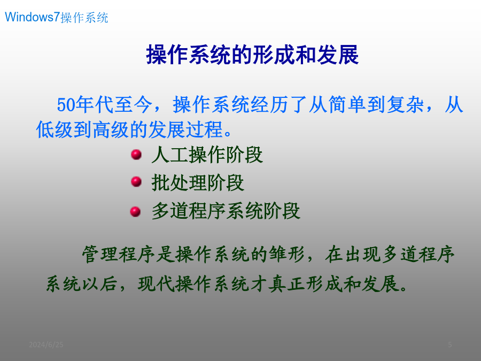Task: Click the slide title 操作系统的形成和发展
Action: [x=252, y=55]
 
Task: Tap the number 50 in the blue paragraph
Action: [x=66, y=105]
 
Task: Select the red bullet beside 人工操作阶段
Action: [x=136, y=155]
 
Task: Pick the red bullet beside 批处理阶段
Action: [x=136, y=182]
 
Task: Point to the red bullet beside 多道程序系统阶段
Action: [x=135, y=211]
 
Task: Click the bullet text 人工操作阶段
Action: [x=207, y=155]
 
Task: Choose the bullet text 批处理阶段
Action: [x=198, y=183]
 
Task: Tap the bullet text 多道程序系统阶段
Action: [x=226, y=211]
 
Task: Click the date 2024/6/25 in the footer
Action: [x=46, y=345]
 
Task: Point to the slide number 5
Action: [x=449, y=345]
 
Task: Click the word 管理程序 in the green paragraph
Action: [x=119, y=254]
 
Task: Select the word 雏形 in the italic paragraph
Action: [x=287, y=254]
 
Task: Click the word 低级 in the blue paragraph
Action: [x=55, y=129]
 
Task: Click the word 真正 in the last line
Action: [x=287, y=283]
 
